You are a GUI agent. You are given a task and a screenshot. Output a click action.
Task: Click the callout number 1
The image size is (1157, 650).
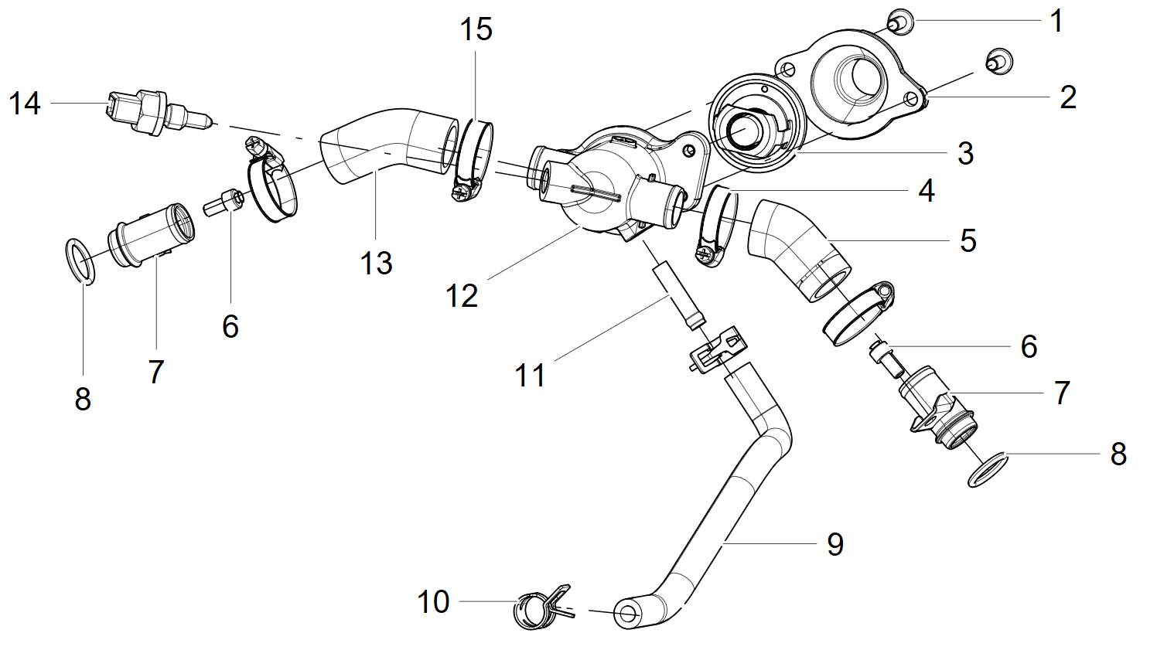tap(1056, 21)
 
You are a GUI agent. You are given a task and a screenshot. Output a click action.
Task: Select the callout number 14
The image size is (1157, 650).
tap(25, 103)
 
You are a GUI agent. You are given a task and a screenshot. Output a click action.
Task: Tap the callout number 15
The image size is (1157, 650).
tap(476, 29)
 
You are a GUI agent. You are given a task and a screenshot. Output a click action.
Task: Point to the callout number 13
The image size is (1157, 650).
tap(377, 264)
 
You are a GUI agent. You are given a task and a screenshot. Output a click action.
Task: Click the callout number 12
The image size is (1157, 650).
tap(462, 296)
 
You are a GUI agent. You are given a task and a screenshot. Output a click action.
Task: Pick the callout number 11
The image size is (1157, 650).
tap(530, 376)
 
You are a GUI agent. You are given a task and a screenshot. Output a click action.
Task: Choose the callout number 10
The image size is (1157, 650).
tap(433, 601)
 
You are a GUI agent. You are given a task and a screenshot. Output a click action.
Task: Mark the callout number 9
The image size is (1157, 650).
tap(835, 544)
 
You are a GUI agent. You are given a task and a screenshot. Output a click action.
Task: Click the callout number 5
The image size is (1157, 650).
tap(968, 240)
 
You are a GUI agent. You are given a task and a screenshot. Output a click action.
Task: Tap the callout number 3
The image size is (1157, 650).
tap(965, 153)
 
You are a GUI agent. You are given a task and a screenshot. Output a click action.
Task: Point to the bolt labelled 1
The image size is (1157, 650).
tap(899, 22)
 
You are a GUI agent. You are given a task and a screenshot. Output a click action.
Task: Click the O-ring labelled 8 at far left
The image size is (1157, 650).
tap(79, 261)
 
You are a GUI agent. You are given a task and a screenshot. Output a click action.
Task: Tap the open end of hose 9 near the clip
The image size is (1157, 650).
tap(627, 614)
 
